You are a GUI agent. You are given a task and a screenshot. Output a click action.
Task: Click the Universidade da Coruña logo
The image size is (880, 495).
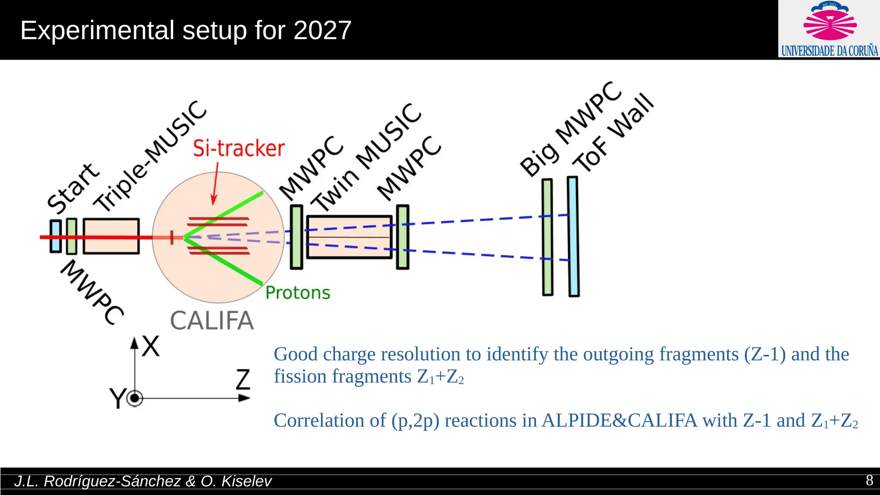coord(829,29)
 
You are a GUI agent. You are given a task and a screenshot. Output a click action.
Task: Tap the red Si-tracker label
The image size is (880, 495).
coord(238,149)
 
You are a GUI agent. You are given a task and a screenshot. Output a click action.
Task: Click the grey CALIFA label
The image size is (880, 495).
coord(212,321)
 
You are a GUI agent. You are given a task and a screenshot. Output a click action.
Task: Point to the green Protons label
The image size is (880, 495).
coord(298,293)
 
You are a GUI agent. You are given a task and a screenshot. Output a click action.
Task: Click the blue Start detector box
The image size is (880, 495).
coord(55,236)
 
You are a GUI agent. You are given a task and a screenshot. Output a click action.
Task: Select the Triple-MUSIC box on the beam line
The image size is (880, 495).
coord(111,236)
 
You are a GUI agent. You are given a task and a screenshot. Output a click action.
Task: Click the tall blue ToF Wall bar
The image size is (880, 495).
coord(573,236)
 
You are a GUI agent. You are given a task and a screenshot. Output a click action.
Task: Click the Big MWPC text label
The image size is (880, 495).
coord(570,129)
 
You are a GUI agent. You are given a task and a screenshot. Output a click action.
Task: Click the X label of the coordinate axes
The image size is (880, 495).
coord(151,346)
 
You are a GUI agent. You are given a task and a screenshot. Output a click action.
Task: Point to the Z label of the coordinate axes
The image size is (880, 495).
coord(243,379)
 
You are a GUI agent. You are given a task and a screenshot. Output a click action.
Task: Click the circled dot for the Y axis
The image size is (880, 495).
coord(135,399)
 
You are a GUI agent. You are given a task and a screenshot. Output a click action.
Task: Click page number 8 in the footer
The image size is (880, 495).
coord(869,480)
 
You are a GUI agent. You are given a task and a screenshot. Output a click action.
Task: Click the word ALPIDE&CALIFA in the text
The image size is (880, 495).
coord(619,420)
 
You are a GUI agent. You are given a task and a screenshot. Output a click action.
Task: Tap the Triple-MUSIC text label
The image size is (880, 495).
coord(150,156)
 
